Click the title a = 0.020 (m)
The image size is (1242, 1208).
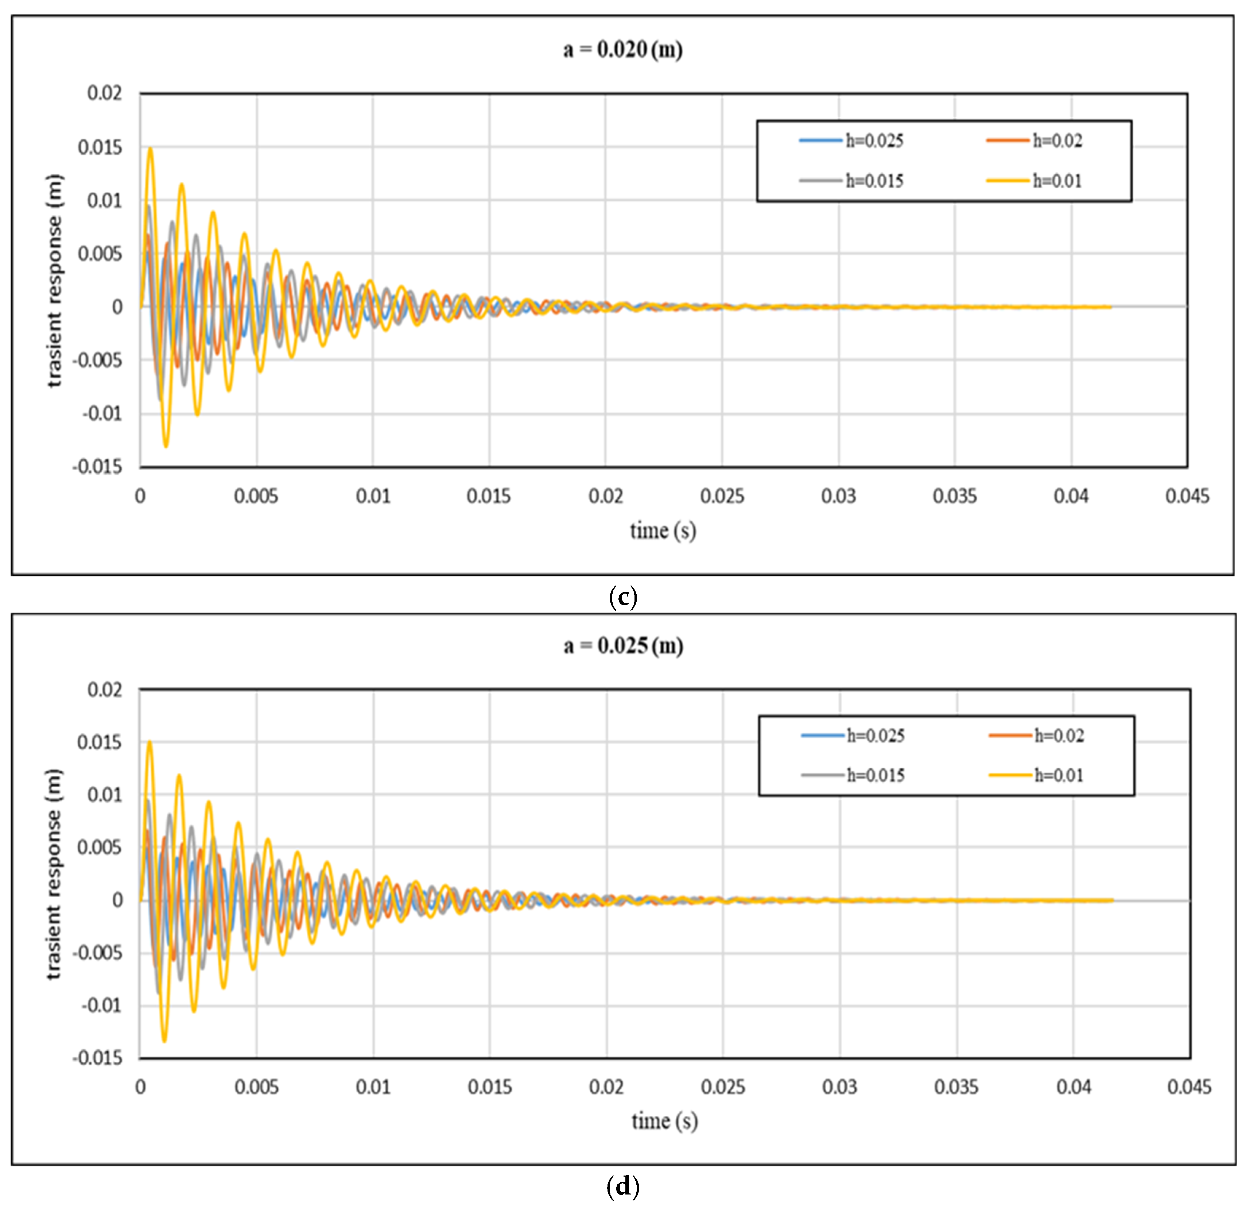click(622, 50)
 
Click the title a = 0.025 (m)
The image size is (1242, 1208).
click(623, 646)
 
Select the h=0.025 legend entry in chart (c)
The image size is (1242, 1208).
click(851, 140)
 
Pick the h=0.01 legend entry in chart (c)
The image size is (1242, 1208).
click(1035, 181)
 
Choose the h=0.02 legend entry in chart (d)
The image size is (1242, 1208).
click(1037, 735)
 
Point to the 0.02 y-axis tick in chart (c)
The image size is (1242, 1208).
click(105, 93)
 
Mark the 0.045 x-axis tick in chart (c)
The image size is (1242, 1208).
click(1187, 496)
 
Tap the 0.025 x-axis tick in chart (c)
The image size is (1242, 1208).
click(722, 496)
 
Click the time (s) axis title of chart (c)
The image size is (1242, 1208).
click(663, 530)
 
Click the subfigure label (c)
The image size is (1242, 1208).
click(622, 597)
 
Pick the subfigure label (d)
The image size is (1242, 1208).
click(622, 1185)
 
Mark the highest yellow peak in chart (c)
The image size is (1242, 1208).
click(150, 148)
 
